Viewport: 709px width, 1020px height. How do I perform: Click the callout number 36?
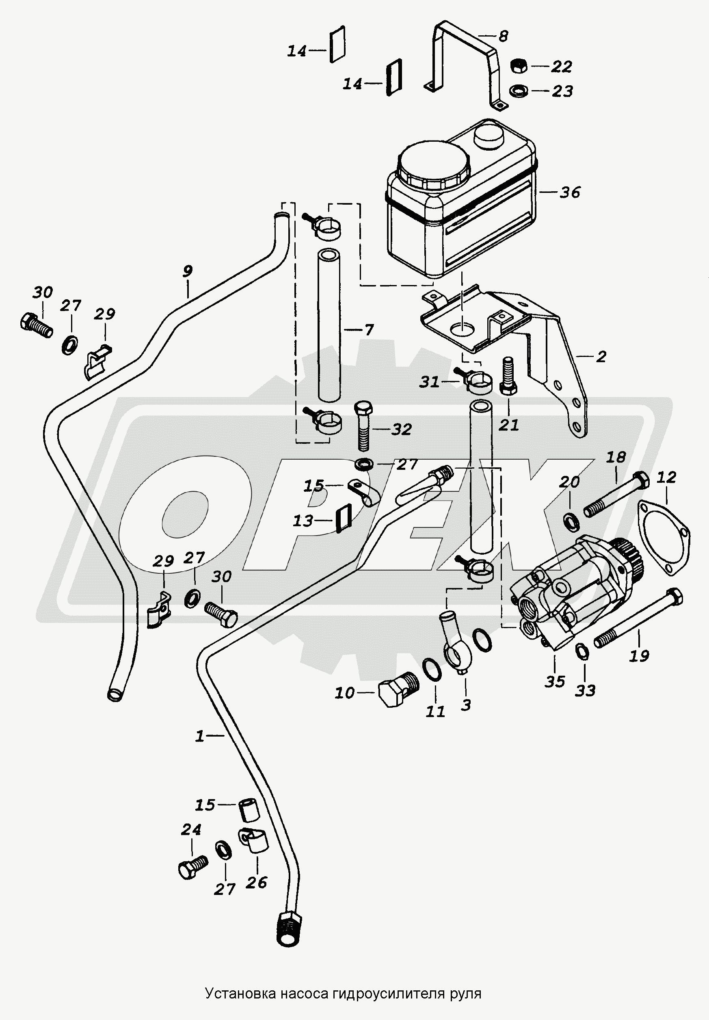[x=570, y=192]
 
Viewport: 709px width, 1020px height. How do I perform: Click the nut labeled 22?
[x=518, y=67]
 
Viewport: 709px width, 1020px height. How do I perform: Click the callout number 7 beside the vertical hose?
[x=368, y=330]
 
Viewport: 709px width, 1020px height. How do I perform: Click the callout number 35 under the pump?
[x=555, y=681]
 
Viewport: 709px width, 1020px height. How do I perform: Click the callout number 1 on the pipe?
[x=200, y=736]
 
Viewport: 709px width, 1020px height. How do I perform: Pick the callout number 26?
[x=256, y=882]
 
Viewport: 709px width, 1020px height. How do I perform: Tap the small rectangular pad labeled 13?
[x=343, y=519]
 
